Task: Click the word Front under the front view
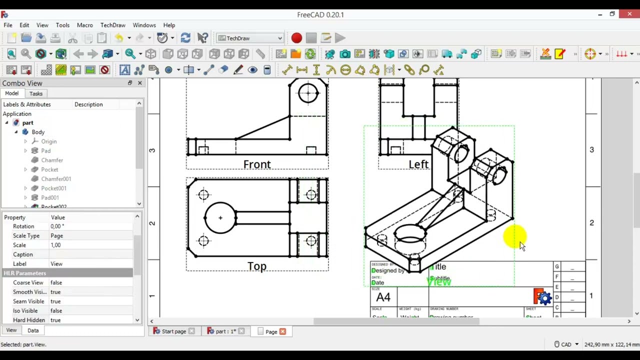pos(257,164)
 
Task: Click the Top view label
pos(257,266)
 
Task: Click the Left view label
pos(418,164)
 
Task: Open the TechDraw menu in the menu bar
pos(112,25)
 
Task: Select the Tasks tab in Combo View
pos(36,93)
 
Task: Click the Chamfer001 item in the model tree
pos(56,179)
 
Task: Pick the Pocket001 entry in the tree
pos(53,188)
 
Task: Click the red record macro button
pos(296,38)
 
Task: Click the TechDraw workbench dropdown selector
pos(250,38)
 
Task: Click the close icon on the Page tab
pos(282,331)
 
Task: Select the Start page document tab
pos(173,331)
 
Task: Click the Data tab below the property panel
pos(33,330)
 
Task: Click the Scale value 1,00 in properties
pos(55,245)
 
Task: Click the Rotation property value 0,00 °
pos(57,226)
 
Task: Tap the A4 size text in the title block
pos(383,297)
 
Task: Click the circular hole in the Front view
pos(308,92)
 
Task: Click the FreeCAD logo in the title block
pos(542,297)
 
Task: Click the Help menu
pos(169,25)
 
